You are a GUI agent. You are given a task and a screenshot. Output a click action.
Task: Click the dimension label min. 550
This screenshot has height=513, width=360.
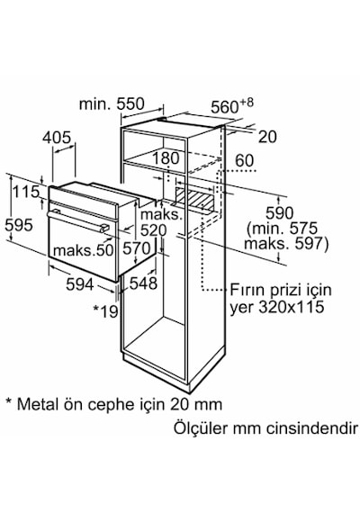point(112,104)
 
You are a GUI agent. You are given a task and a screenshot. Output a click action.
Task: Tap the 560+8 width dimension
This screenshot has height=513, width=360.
point(232,105)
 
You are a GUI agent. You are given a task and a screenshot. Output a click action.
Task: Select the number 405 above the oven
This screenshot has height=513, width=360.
point(57,138)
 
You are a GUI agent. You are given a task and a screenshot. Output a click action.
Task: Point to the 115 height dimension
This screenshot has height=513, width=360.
point(26,192)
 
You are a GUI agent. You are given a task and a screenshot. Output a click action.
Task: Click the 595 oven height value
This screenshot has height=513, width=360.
point(19,225)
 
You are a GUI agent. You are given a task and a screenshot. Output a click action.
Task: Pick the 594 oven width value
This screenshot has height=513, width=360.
point(80,284)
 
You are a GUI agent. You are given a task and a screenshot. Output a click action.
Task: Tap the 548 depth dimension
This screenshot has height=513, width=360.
point(143,283)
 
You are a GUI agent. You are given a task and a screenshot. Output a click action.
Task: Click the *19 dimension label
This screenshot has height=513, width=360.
point(105,311)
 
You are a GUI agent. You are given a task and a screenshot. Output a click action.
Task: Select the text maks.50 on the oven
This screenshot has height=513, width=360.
point(83,250)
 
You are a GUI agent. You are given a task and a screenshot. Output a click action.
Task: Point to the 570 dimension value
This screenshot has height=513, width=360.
point(137,248)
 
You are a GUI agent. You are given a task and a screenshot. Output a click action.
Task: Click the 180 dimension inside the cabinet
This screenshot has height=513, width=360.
point(166,158)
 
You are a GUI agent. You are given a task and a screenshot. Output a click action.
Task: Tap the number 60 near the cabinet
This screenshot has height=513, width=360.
point(245,161)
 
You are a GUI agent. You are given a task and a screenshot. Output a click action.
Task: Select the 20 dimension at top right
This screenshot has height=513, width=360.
point(267,137)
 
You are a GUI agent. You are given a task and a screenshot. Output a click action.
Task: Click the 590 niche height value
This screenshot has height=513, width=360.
point(280,213)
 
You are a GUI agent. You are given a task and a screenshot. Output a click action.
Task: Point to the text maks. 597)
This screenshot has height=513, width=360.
point(286,244)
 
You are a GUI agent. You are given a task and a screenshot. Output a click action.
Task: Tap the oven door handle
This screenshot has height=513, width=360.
point(78,220)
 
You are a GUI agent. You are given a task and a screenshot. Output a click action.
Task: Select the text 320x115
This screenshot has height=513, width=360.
point(292,307)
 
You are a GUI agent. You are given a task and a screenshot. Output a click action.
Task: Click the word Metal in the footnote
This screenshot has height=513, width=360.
point(40,404)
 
